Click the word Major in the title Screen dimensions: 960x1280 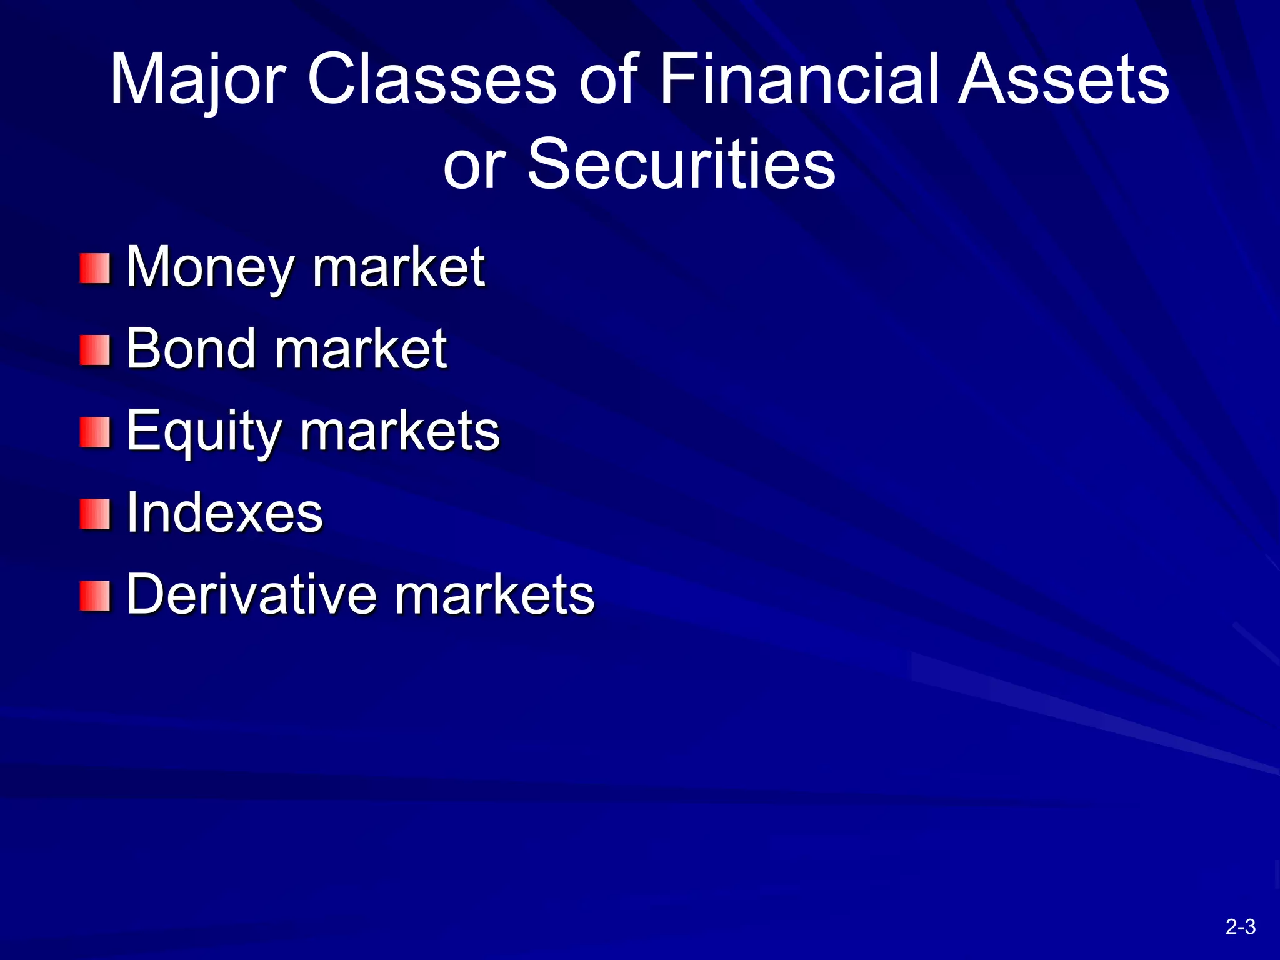tap(197, 80)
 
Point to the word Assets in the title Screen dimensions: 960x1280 tap(1063, 80)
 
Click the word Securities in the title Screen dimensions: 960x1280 tap(681, 164)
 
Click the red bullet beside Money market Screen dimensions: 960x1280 tap(95, 268)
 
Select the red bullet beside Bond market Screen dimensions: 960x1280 tap(95, 350)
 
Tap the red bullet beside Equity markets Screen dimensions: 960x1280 tap(95, 432)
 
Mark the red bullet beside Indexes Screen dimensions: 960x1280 tap(95, 514)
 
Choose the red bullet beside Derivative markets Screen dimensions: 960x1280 tap(95, 596)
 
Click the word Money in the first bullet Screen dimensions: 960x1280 tap(209, 267)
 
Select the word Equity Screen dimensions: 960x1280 tap(203, 431)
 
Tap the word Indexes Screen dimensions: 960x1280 tap(224, 513)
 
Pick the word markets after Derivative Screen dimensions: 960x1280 tap(494, 595)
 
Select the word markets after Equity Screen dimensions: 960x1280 tap(400, 431)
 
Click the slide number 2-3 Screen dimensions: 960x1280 tap(1240, 926)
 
